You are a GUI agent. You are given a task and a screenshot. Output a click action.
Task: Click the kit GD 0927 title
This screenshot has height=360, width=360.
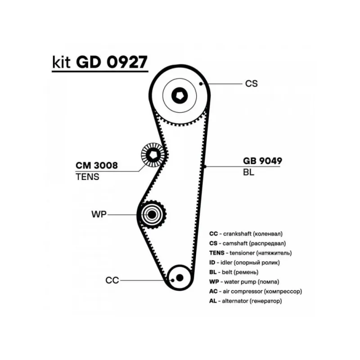coord(100,62)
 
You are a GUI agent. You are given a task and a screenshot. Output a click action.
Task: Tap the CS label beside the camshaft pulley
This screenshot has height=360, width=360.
coord(252,84)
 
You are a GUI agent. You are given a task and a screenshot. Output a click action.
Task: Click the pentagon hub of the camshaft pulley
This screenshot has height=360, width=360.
coord(180,95)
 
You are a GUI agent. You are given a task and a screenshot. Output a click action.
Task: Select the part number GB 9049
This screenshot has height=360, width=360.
coord(262,161)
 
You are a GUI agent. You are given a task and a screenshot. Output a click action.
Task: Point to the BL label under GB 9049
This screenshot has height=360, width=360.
coord(249,172)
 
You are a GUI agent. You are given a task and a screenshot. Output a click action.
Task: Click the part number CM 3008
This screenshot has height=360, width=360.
coord(97,165)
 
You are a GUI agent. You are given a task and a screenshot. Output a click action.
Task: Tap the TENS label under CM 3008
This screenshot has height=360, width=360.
coord(87,177)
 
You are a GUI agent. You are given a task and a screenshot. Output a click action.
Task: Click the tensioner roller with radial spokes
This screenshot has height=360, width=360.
coord(153,155)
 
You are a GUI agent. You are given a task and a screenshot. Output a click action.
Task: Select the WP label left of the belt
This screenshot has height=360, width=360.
coord(99,215)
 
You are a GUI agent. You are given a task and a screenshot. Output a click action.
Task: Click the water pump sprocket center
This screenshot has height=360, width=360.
coord(152,215)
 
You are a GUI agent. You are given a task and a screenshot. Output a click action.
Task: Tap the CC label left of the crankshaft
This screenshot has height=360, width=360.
coord(112,280)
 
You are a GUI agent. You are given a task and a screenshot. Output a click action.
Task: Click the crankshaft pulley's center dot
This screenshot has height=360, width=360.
coord(180,278)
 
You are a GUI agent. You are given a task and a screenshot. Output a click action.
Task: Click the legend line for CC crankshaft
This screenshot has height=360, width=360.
coord(246,234)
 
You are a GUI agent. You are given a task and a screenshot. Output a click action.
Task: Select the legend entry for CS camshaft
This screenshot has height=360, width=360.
coord(247,243)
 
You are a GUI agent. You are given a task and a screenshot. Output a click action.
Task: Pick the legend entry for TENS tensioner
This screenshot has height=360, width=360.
coord(251,253)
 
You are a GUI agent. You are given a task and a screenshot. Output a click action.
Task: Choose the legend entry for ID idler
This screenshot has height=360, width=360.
coord(244,263)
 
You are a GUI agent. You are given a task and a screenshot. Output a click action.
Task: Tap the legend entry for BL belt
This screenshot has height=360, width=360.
coord(234,272)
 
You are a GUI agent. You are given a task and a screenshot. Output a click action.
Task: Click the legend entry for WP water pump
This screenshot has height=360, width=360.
coord(244,282)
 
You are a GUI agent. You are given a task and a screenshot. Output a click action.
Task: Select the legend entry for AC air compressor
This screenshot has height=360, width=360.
coord(256,292)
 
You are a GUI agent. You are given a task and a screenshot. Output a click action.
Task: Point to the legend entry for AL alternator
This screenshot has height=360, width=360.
coord(245,301)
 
